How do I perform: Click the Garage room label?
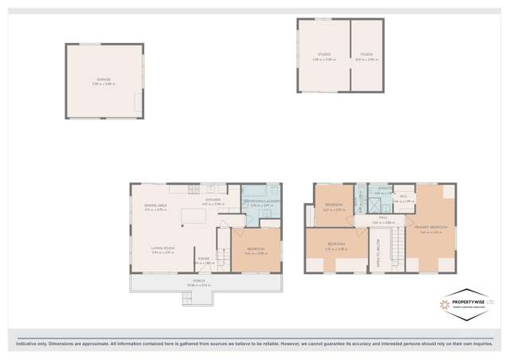[104, 80]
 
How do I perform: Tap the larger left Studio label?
[324, 54]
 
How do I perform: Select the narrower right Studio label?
[364, 54]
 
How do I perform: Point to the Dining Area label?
[155, 205]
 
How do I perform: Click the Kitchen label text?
[213, 200]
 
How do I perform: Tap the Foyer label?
[205, 259]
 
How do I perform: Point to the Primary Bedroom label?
[430, 227]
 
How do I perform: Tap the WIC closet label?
[404, 197]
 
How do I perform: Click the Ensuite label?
[382, 189]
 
